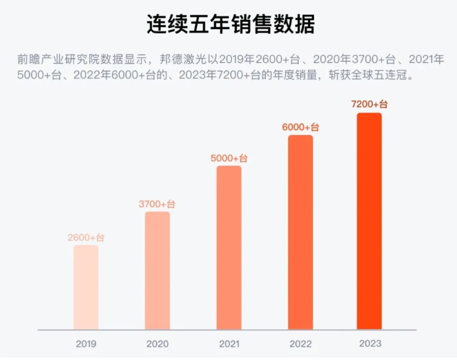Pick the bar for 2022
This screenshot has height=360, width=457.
pos(300,232)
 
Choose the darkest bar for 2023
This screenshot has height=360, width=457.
pos(369,221)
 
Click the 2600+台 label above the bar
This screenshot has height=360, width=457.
pos(86,237)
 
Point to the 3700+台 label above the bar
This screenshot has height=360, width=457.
pos(157,204)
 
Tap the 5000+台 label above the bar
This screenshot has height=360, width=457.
pos(229,158)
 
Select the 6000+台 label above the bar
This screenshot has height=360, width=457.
pos(300,127)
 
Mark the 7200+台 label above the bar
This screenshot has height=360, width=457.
pos(370,104)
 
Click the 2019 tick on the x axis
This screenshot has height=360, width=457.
pos(86,344)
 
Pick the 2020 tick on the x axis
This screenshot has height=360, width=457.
pos(157,344)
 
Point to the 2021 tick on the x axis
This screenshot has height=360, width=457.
pos(229,344)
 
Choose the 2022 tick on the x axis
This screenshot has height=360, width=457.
pos(300,344)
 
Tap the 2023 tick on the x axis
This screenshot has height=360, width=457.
pos(370,344)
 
